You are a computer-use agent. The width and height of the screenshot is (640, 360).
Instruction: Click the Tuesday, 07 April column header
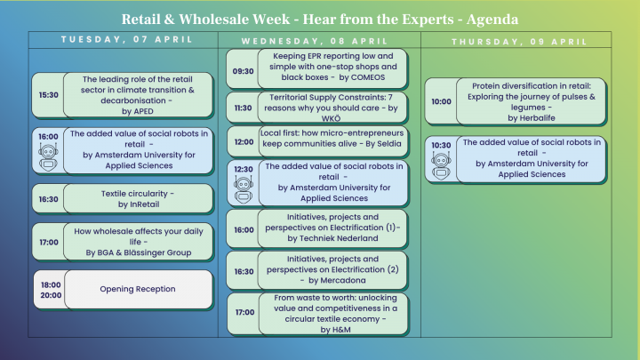point(124,39)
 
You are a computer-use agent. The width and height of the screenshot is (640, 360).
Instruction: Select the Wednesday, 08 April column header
point(319,41)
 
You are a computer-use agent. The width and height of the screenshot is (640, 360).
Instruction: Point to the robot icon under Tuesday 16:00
point(48,156)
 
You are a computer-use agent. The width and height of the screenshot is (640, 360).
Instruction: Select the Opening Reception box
point(137,289)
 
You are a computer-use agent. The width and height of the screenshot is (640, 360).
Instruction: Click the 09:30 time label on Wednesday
point(243,71)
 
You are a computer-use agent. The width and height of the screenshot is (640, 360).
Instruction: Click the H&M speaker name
point(332,331)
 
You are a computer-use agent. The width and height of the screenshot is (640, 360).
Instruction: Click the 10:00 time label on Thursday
point(440,101)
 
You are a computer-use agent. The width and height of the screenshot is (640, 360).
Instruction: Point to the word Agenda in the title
point(484,18)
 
